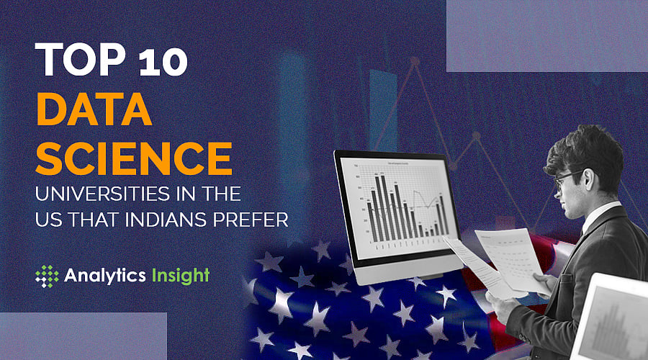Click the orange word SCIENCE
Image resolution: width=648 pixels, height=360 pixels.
(x=134, y=156)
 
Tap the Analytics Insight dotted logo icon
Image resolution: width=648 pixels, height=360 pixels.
(x=48, y=276)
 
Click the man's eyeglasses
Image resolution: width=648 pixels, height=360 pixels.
(x=566, y=177)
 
